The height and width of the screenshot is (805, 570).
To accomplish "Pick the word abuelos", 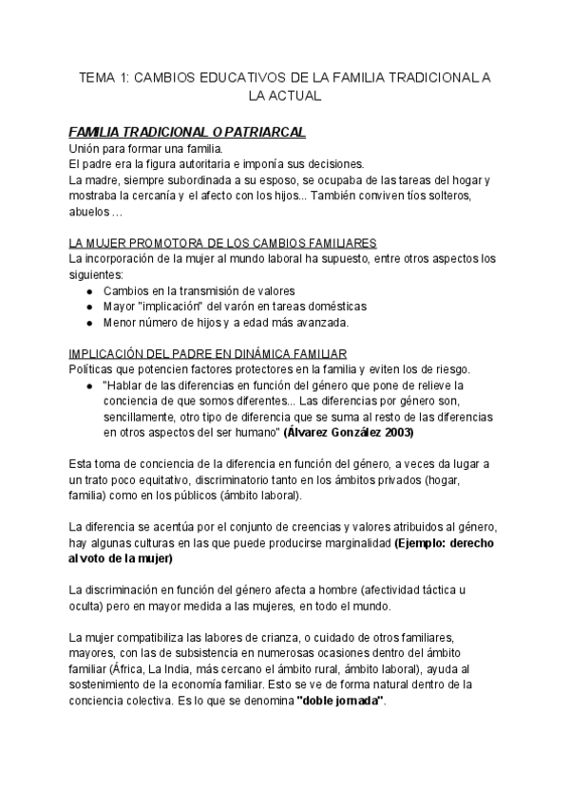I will click(x=89, y=211).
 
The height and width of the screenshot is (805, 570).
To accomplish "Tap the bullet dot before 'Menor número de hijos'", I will click(x=88, y=323).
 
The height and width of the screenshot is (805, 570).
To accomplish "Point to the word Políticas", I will click(x=94, y=369).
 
